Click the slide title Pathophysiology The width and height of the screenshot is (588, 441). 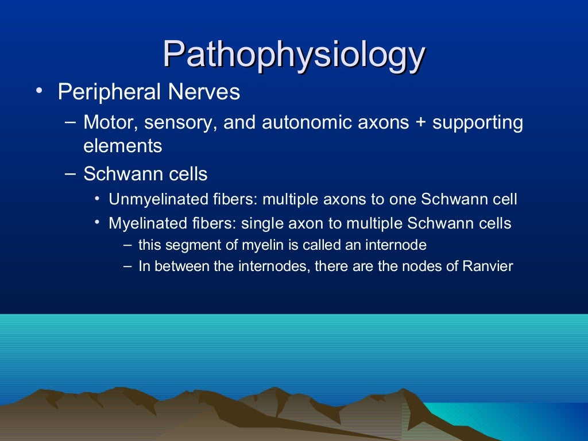[x=293, y=56]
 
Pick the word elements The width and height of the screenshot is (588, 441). [x=122, y=146]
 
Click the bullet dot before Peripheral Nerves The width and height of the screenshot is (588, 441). [x=37, y=92]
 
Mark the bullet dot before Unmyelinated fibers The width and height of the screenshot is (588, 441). [x=98, y=199]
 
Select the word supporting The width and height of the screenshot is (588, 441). [x=478, y=123]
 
